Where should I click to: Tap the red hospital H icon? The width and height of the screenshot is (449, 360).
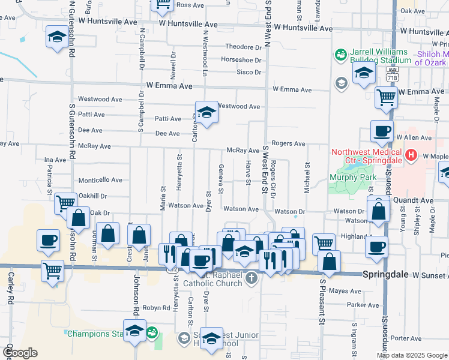(x=411, y=156)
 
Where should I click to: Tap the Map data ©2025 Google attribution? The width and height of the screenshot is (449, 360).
(x=412, y=355)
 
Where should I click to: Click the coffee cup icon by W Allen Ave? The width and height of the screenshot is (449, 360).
(x=381, y=131)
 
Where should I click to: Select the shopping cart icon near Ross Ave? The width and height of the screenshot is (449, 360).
(x=162, y=5)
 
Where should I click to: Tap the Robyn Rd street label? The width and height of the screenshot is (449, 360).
(x=157, y=308)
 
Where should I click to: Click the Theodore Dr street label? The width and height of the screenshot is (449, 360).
(x=243, y=47)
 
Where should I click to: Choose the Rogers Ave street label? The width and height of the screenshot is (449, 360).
(x=288, y=143)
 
